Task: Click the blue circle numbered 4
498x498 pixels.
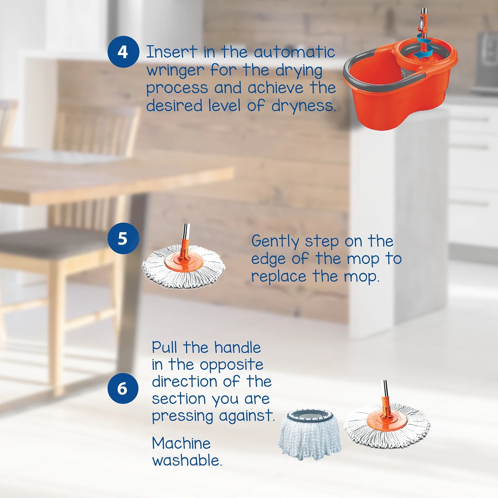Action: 123,52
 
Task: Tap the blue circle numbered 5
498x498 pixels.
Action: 123,238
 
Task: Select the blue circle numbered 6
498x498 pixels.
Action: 123,388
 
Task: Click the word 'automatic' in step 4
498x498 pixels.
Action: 294,52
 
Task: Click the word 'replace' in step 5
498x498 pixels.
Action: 279,277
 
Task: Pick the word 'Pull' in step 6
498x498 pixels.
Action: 164,347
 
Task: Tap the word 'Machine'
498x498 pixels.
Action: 181,443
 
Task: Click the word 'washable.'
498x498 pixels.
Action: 187,461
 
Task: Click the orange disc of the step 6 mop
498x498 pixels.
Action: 385,420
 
